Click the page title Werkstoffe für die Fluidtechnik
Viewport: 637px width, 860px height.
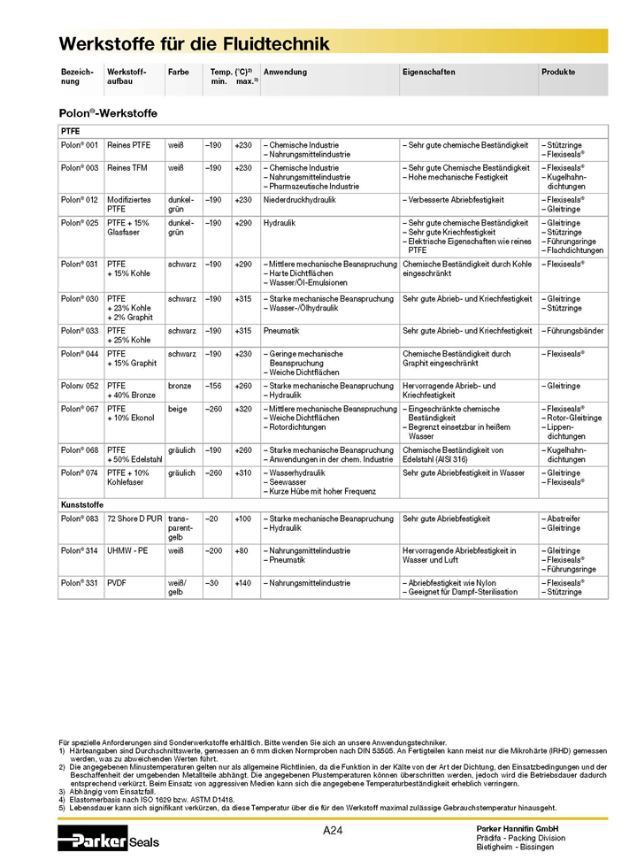(x=194, y=43)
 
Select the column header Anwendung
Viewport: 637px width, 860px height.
(x=285, y=72)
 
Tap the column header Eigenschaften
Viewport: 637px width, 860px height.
(x=428, y=72)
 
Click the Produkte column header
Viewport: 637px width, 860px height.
(x=558, y=72)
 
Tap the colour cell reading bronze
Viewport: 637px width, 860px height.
(x=180, y=387)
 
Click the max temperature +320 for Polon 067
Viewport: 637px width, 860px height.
(x=243, y=409)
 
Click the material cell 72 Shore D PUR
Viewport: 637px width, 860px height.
(x=133, y=518)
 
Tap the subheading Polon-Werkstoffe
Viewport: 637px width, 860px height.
(x=108, y=113)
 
